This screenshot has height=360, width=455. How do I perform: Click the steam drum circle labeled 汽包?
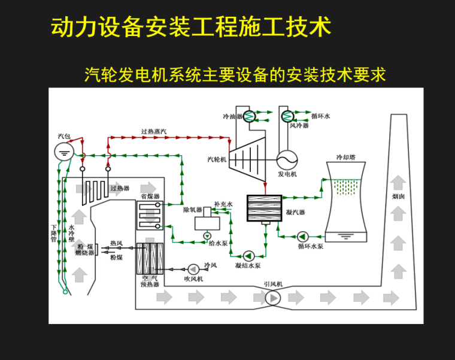tap(63, 151)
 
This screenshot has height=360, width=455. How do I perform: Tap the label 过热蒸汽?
tap(154, 131)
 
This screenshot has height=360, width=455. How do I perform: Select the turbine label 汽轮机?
tap(217, 159)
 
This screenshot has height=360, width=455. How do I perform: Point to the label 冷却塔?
tap(346, 158)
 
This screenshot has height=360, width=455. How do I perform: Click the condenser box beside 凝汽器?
tap(264, 209)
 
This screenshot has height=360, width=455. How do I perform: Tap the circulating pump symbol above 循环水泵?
tap(302, 236)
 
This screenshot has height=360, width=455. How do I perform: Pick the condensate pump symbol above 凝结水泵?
tap(247, 255)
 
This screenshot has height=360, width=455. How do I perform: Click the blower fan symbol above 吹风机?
tap(193, 269)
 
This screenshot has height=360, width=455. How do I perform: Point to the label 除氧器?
tap(192, 210)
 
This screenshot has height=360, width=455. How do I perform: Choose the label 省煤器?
tap(150, 196)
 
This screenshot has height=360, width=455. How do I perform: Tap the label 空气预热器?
tap(150, 282)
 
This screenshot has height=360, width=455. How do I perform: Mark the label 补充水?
tap(223, 204)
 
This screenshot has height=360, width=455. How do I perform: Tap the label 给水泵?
tap(217, 243)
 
